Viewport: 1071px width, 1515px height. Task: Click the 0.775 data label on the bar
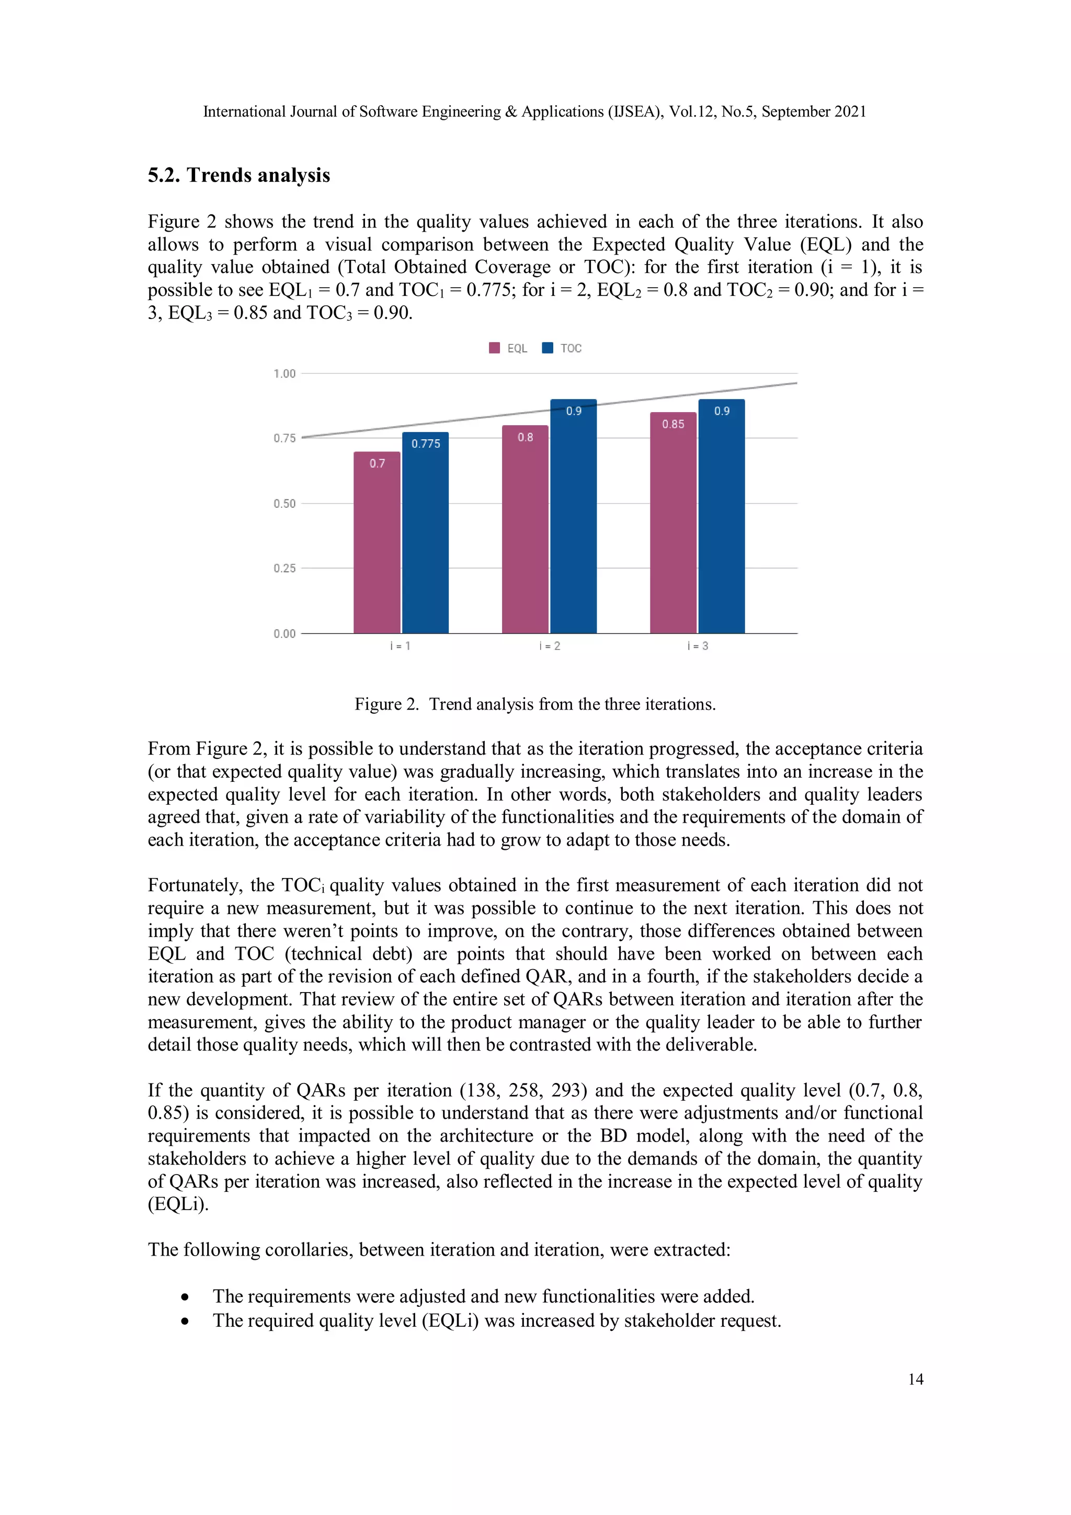click(426, 444)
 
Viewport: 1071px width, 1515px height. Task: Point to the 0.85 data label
click(673, 424)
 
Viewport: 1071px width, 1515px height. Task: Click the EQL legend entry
click(509, 348)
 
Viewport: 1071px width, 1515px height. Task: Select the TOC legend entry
click(562, 348)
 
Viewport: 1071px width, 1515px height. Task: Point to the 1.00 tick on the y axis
click(284, 374)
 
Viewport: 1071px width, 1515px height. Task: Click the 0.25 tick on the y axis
click(284, 568)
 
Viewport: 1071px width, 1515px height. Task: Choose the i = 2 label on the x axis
click(550, 646)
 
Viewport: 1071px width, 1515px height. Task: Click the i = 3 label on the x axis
click(698, 646)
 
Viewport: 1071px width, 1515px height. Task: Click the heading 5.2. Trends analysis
click(239, 176)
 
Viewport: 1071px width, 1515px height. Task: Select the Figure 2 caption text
click(534, 704)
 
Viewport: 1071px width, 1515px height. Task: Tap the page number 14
click(915, 1379)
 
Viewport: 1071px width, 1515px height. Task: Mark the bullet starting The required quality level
click(496, 1321)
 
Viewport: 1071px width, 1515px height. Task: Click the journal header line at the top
click(534, 111)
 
